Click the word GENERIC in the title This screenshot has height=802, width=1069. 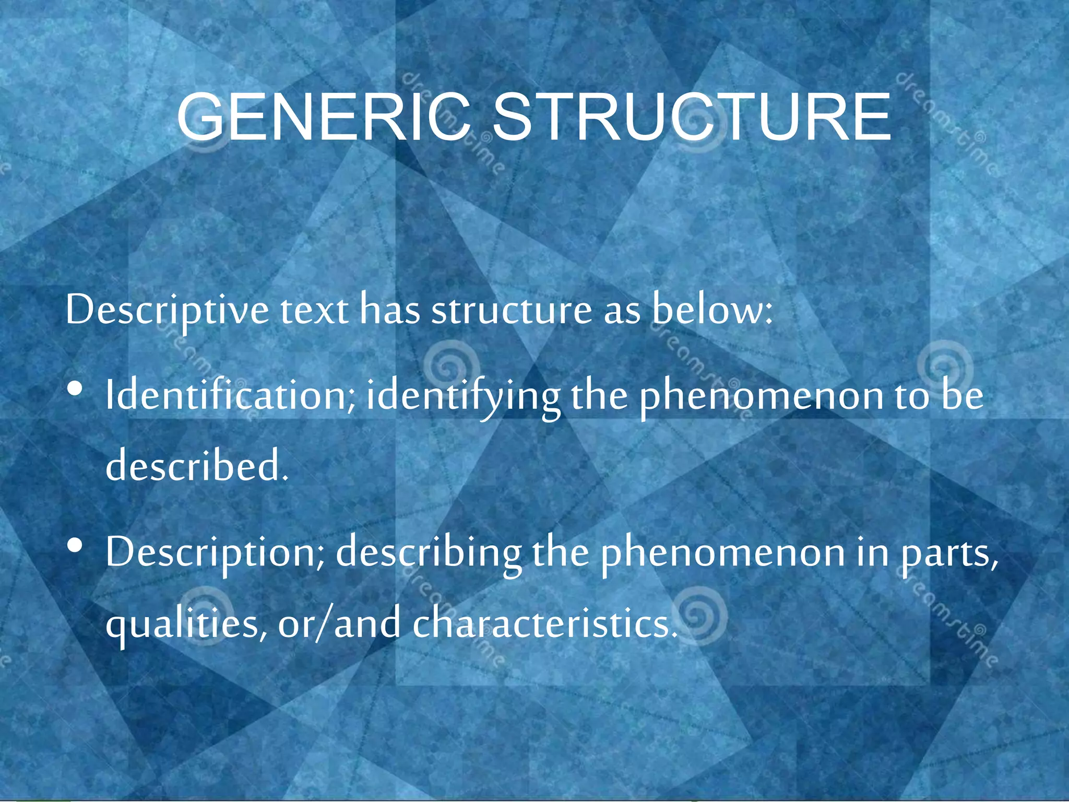point(324,117)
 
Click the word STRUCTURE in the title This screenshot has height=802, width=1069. point(692,117)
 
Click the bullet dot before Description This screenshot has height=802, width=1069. point(75,546)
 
